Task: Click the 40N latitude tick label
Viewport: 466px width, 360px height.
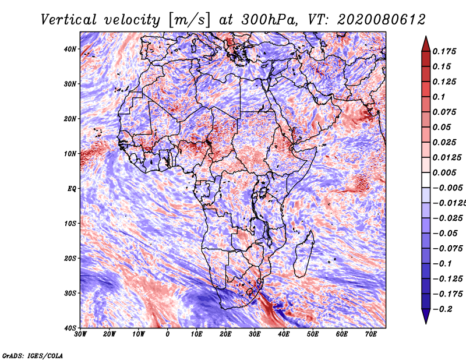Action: (70, 49)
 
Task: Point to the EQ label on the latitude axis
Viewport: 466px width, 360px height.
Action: (72, 189)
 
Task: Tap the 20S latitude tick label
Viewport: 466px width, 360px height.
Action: (70, 258)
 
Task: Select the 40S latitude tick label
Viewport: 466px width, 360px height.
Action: (70, 328)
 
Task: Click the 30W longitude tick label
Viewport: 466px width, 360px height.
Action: (80, 334)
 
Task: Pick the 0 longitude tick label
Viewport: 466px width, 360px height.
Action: (168, 334)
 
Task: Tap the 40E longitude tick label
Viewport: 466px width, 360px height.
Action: (284, 334)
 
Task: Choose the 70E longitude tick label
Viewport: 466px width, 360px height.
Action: (371, 334)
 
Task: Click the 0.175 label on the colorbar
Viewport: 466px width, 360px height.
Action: (444, 51)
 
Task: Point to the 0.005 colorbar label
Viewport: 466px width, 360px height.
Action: (444, 172)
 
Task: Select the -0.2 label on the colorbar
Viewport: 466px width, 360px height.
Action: (443, 309)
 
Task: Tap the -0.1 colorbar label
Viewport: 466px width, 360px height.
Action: (443, 264)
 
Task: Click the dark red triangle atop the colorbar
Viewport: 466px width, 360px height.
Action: (426, 45)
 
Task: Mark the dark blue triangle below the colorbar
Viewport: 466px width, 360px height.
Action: (426, 316)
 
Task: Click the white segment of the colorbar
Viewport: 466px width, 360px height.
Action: (426, 180)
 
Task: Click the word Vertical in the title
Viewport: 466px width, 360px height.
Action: (69, 20)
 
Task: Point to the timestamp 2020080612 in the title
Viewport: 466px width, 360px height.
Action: (382, 20)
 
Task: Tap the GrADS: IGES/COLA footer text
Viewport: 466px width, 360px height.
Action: (33, 356)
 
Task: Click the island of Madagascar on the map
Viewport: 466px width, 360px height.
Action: (303, 254)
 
